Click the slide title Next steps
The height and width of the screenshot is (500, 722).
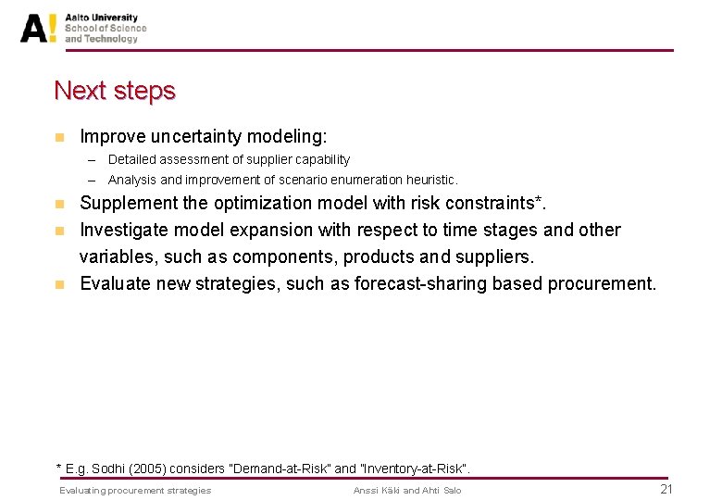click(x=115, y=91)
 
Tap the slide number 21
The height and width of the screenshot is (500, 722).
click(x=666, y=489)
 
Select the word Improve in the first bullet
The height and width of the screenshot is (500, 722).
click(x=109, y=137)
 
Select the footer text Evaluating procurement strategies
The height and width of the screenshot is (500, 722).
click(x=135, y=490)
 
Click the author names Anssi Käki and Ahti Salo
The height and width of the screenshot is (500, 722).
click(x=406, y=490)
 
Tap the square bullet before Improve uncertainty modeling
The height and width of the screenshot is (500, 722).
click(x=59, y=137)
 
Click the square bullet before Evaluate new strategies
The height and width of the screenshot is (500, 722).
click(x=59, y=283)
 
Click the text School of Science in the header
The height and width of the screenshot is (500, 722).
click(x=106, y=28)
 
